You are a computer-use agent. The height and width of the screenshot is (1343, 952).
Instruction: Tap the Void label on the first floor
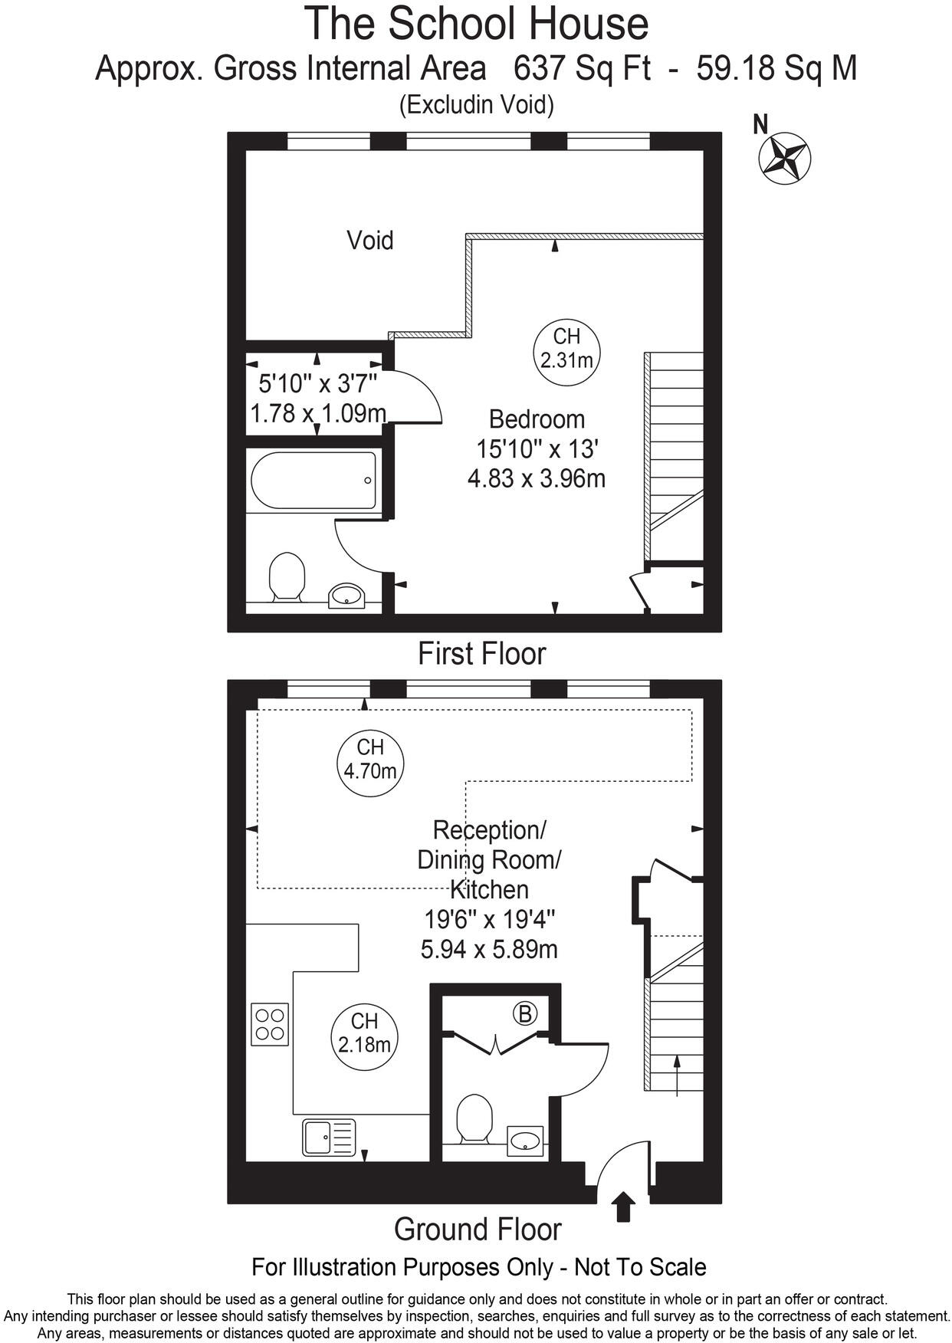(x=370, y=241)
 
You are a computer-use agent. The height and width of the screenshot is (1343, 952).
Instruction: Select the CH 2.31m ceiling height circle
(x=566, y=349)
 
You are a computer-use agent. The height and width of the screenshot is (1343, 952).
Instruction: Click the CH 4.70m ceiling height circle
(x=370, y=759)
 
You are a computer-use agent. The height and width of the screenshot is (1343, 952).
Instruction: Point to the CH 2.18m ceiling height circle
(x=365, y=1033)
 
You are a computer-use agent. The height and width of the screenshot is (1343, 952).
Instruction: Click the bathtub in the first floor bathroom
(x=314, y=481)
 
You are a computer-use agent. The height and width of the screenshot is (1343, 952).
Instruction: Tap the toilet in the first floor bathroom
(x=287, y=576)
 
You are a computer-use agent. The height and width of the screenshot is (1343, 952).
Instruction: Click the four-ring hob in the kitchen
(x=270, y=1023)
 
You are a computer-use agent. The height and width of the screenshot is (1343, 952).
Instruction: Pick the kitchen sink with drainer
(x=330, y=1137)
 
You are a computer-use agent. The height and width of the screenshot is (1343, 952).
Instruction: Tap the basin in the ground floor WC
(x=526, y=1141)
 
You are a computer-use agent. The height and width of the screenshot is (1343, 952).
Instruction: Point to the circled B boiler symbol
(x=525, y=1013)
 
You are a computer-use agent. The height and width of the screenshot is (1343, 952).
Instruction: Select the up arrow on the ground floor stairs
(x=677, y=1073)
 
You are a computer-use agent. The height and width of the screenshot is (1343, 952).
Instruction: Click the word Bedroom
(x=537, y=419)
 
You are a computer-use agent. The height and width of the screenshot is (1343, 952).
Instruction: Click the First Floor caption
(x=481, y=654)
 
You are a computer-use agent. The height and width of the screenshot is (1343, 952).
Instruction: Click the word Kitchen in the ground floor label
(x=489, y=889)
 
